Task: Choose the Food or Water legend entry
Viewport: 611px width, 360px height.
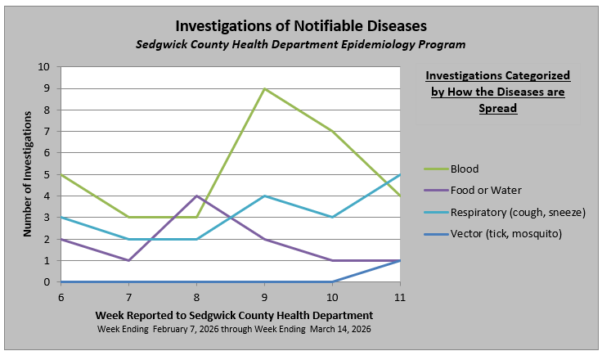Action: tap(485, 191)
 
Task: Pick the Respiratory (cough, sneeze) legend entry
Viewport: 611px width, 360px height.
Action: tap(517, 213)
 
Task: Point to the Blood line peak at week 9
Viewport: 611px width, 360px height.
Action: tap(264, 88)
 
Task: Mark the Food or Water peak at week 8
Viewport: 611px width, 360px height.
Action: tap(196, 196)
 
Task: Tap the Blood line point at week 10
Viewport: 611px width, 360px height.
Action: tap(332, 132)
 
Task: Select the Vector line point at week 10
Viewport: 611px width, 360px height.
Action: tap(332, 282)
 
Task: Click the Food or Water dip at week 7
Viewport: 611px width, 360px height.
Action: tap(128, 261)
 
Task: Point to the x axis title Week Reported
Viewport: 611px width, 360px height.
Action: tap(234, 315)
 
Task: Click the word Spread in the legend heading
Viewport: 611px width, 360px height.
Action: tap(498, 107)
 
